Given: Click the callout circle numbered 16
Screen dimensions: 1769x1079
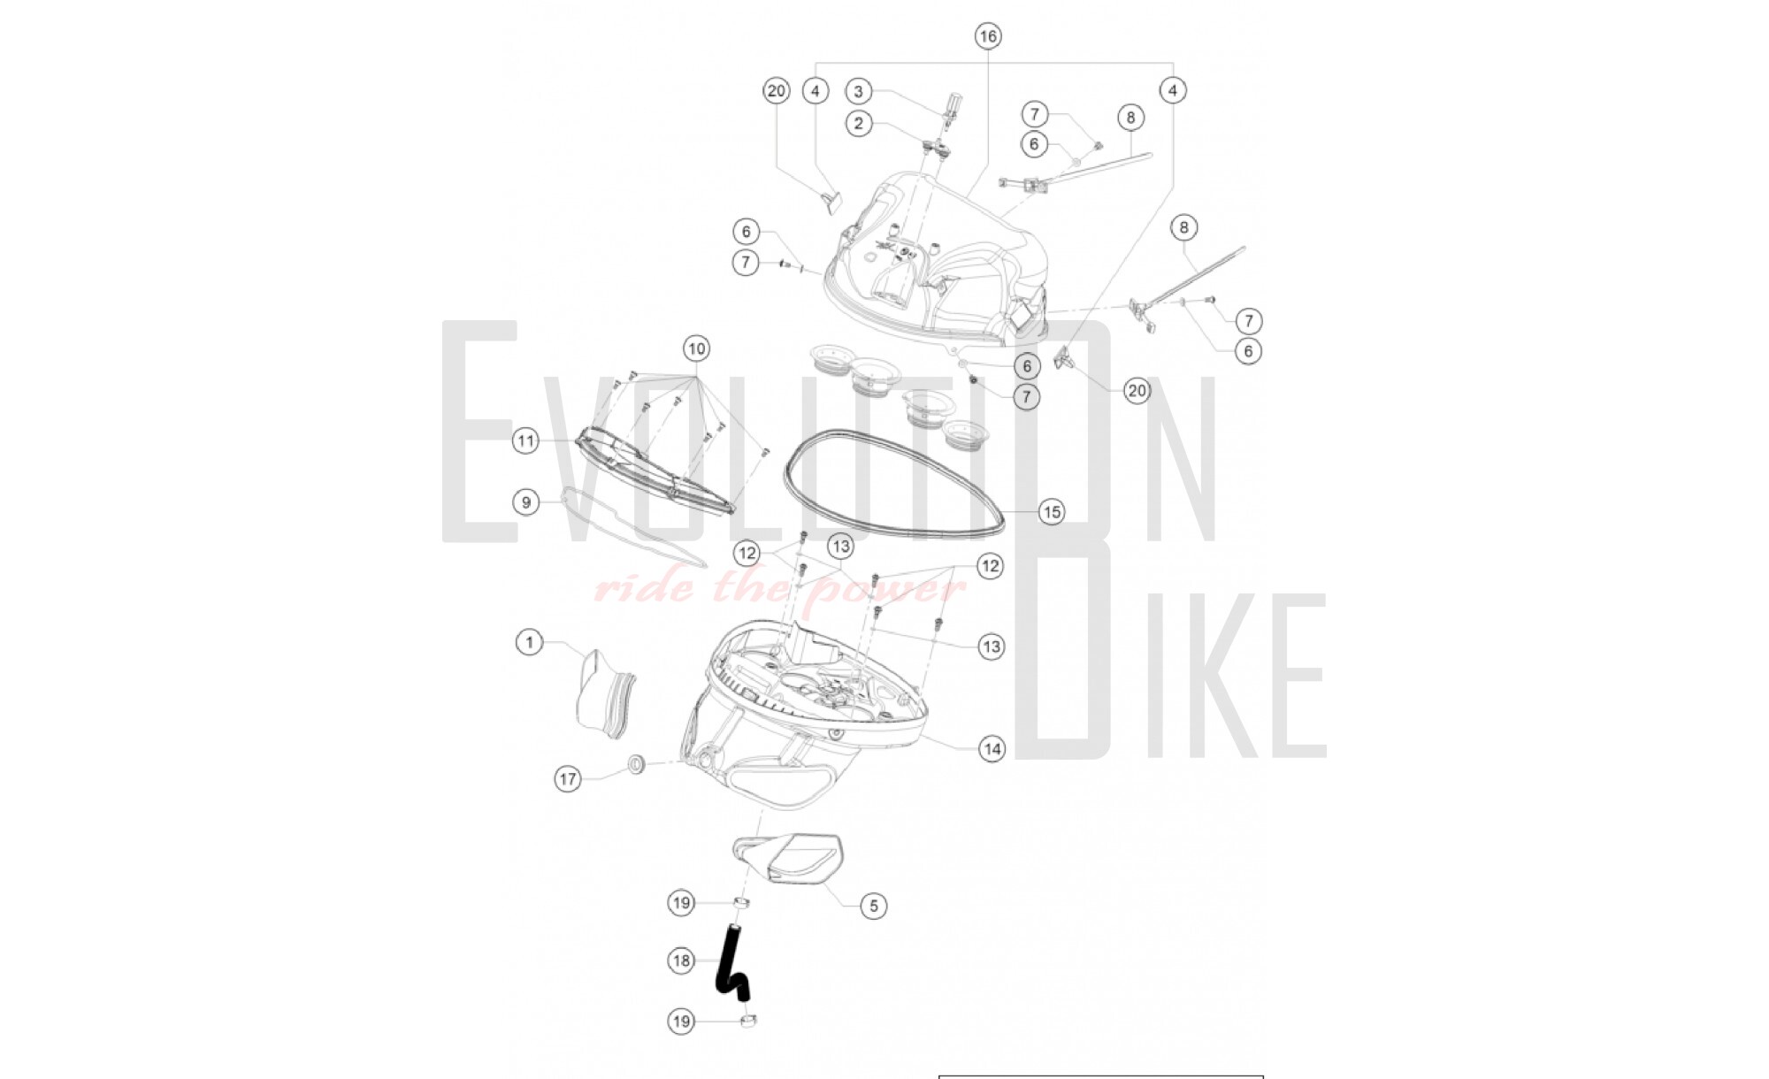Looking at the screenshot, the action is pyautogui.click(x=988, y=36).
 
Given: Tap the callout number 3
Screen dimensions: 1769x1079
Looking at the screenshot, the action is pyautogui.click(x=858, y=91).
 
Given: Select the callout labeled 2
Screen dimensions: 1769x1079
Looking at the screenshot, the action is pyautogui.click(x=858, y=124).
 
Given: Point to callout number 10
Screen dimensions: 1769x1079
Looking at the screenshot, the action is pyautogui.click(x=696, y=348).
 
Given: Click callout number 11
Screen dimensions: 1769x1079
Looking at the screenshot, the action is pyautogui.click(x=526, y=440).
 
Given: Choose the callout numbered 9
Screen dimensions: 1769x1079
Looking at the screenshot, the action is pyautogui.click(x=526, y=502).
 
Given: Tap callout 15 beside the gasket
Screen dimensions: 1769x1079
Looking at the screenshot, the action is pyautogui.click(x=1051, y=512).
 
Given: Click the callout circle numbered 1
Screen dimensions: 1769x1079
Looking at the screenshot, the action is pyautogui.click(x=530, y=642).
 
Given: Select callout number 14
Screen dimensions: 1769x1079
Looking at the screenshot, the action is pyautogui.click(x=992, y=749).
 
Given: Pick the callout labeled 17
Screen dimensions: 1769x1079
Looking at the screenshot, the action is pyautogui.click(x=568, y=779).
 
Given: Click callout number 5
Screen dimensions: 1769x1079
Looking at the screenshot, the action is pyautogui.click(x=873, y=906).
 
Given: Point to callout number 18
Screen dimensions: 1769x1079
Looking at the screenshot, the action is pyautogui.click(x=681, y=960).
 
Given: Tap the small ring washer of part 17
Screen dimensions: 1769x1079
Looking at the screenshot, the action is pyautogui.click(x=635, y=763).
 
